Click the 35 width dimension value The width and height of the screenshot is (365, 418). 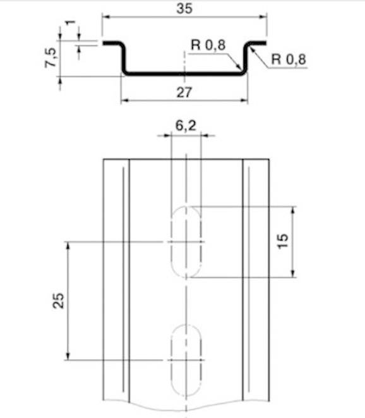(x=184, y=9)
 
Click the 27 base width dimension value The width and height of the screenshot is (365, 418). (x=184, y=92)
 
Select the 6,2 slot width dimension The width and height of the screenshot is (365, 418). (x=185, y=126)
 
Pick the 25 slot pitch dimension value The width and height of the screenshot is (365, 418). (x=58, y=300)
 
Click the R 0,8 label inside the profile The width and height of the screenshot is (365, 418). (x=208, y=46)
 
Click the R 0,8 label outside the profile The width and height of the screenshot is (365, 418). (x=289, y=59)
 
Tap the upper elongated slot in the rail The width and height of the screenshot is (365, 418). (x=186, y=242)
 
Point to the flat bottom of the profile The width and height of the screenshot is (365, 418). (x=184, y=73)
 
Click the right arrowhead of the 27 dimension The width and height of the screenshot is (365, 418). (x=244, y=100)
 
